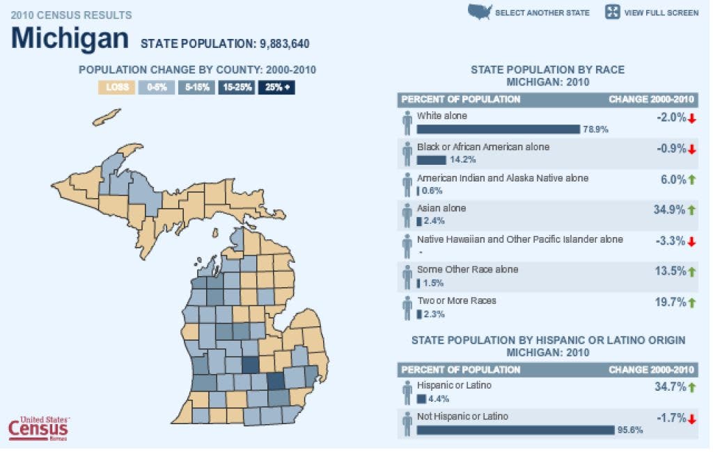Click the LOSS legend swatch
(x=116, y=88)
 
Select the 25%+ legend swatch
(x=277, y=88)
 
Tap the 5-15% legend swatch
(x=196, y=88)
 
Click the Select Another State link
(x=542, y=13)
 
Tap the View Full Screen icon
(x=613, y=12)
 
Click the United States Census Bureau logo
(x=38, y=428)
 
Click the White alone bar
(x=498, y=129)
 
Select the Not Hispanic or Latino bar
(x=515, y=430)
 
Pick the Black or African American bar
(x=431, y=159)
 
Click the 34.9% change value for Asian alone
(x=669, y=209)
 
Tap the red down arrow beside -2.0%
(x=692, y=118)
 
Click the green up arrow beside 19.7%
(x=692, y=302)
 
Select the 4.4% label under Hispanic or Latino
(x=439, y=399)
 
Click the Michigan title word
(x=70, y=38)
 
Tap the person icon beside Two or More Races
(x=407, y=307)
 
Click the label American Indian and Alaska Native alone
(x=502, y=178)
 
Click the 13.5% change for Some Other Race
(x=669, y=271)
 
